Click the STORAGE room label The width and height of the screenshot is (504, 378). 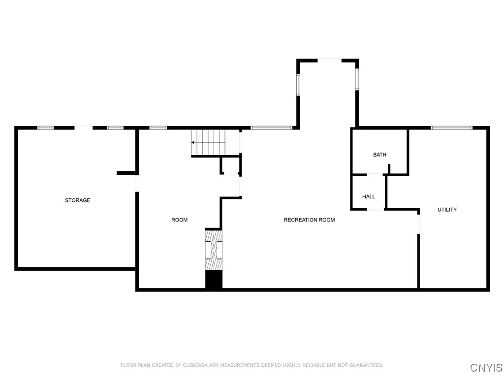point(78,200)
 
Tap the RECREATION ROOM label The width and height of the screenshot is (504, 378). point(309,220)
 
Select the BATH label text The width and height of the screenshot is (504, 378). point(379,155)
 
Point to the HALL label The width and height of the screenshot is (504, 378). point(369,196)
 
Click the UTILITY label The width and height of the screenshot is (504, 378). point(447,210)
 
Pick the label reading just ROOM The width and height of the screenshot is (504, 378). point(179,220)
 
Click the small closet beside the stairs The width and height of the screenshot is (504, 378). point(230,166)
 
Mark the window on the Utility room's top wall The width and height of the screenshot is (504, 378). point(451,128)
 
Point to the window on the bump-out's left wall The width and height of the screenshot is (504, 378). point(298,84)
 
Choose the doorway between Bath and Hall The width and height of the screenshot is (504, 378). point(376,175)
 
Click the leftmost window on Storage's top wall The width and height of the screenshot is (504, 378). point(46,128)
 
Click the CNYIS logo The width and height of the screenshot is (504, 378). point(486,368)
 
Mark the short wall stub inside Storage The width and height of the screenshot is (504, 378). point(126,173)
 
